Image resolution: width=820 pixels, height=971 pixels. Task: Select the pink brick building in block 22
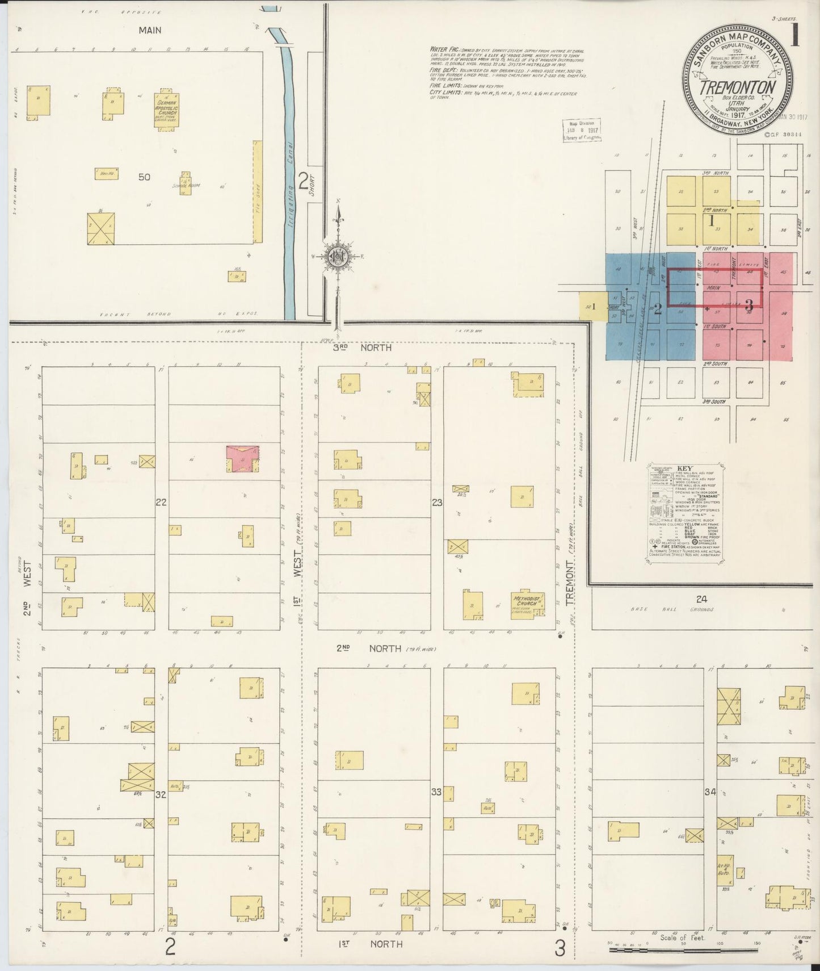[x=243, y=458]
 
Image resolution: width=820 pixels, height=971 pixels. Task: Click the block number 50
[x=144, y=177]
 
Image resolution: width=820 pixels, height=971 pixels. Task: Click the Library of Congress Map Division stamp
[x=582, y=130]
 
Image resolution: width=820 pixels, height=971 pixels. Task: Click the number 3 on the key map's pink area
[x=748, y=304]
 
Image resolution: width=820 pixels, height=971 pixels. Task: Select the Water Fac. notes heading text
[x=440, y=50]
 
